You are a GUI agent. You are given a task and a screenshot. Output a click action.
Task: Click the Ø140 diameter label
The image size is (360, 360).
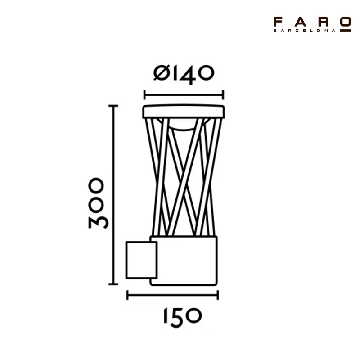pyautogui.click(x=184, y=74)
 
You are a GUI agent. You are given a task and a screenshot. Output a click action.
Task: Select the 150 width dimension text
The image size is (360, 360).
pyautogui.click(x=183, y=318)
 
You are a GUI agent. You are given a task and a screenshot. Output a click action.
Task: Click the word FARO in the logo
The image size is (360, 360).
pyautogui.click(x=312, y=22)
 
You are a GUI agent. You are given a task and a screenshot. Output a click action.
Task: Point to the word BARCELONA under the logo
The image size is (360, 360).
pyautogui.click(x=304, y=31)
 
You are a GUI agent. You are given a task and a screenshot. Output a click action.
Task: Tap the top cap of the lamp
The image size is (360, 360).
pyautogui.click(x=184, y=112)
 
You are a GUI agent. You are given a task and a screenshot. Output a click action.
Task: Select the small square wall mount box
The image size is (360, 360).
pyautogui.click(x=141, y=260)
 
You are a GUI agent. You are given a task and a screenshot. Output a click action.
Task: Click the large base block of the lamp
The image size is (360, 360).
pyautogui.click(x=184, y=261)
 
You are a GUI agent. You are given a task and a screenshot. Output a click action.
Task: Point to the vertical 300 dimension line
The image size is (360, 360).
pyautogui.click(x=113, y=195)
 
